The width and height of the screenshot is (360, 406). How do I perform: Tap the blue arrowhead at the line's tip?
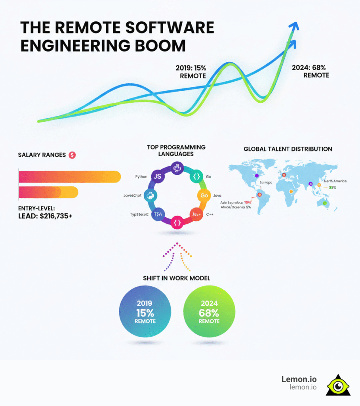(x=293, y=27)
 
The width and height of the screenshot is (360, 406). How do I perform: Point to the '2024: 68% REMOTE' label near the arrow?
(x=311, y=71)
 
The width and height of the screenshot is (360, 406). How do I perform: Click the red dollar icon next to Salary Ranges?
(x=72, y=155)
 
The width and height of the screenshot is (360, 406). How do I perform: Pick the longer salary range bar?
(x=69, y=177)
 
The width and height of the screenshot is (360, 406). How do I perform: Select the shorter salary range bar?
(x=48, y=193)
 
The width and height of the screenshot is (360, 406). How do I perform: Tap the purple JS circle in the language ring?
(x=157, y=177)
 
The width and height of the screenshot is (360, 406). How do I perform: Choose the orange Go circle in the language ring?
(x=204, y=195)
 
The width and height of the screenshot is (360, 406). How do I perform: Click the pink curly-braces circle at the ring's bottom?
(x=177, y=222)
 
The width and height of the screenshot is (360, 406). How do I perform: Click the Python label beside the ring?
(x=141, y=176)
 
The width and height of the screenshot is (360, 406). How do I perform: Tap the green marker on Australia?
(x=326, y=203)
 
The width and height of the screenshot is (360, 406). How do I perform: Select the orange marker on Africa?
(x=291, y=192)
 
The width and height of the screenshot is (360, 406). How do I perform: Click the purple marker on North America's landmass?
(x=257, y=175)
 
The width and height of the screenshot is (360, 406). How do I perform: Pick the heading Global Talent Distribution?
(x=288, y=149)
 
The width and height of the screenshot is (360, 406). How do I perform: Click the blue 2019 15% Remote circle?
(x=145, y=312)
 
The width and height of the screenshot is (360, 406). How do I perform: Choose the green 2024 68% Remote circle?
(x=209, y=312)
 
